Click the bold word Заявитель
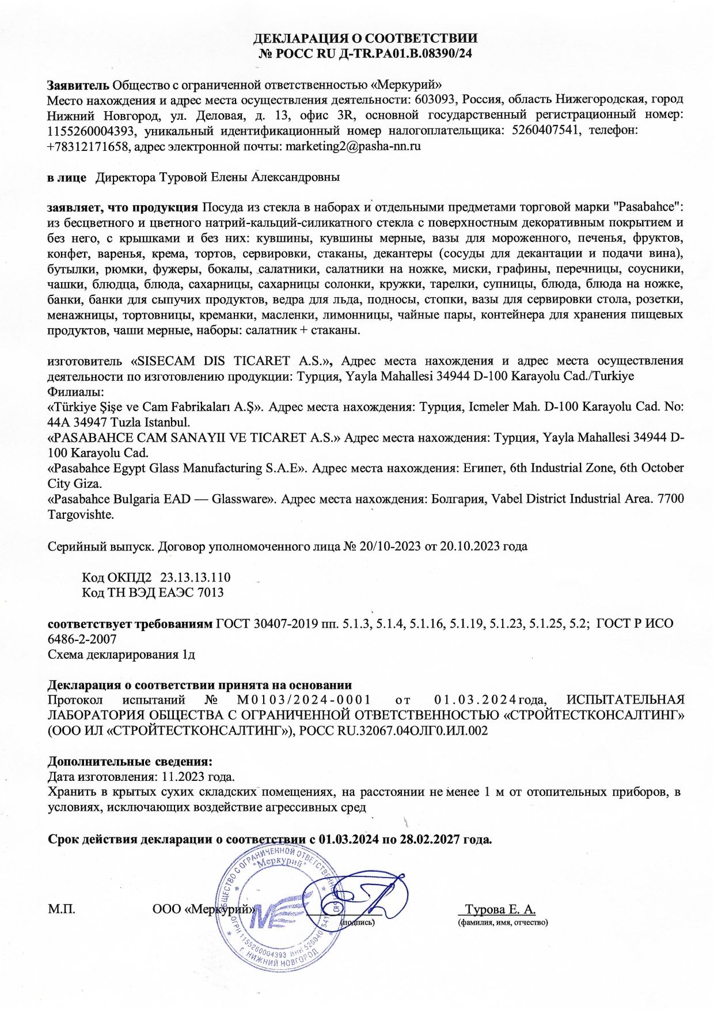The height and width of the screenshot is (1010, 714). tap(78, 85)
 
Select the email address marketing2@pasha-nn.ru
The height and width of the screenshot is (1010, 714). tap(353, 146)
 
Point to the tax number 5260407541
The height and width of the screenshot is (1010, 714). tap(544, 131)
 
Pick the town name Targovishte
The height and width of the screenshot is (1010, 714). tap(81, 514)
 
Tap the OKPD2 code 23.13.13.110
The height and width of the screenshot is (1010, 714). tap(195, 577)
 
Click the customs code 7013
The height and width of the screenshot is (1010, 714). tap(210, 593)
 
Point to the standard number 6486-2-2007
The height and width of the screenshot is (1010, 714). tap(82, 639)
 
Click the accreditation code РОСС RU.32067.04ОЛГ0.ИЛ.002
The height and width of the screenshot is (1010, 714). tap(394, 731)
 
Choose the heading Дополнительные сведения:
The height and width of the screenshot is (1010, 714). tap(130, 762)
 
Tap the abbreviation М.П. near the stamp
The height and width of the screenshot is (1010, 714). tap(61, 910)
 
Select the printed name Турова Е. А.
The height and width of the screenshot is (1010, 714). tap(500, 910)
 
